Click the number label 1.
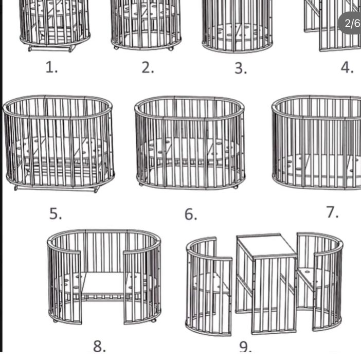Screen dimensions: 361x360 click(x=51, y=67)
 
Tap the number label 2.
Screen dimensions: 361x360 click(x=148, y=68)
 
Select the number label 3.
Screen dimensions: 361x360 click(x=241, y=68)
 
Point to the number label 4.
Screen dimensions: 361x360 click(x=347, y=67)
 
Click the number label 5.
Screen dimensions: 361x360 click(x=56, y=213)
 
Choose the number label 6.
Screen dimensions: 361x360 click(x=191, y=214)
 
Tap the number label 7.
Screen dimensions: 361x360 click(x=332, y=212)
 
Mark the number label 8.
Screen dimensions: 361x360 click(x=99, y=346)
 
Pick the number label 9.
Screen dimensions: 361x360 click(x=245, y=347)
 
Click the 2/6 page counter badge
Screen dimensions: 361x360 click(x=350, y=23)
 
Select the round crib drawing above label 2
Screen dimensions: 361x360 click(x=146, y=25)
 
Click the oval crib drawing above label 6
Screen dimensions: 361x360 click(x=190, y=142)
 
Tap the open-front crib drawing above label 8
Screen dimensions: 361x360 click(x=104, y=276)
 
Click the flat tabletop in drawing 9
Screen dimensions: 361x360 click(x=266, y=246)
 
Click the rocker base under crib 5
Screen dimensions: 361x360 click(x=57, y=188)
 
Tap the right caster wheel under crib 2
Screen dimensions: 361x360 click(x=171, y=48)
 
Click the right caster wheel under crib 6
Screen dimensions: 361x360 click(x=236, y=187)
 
